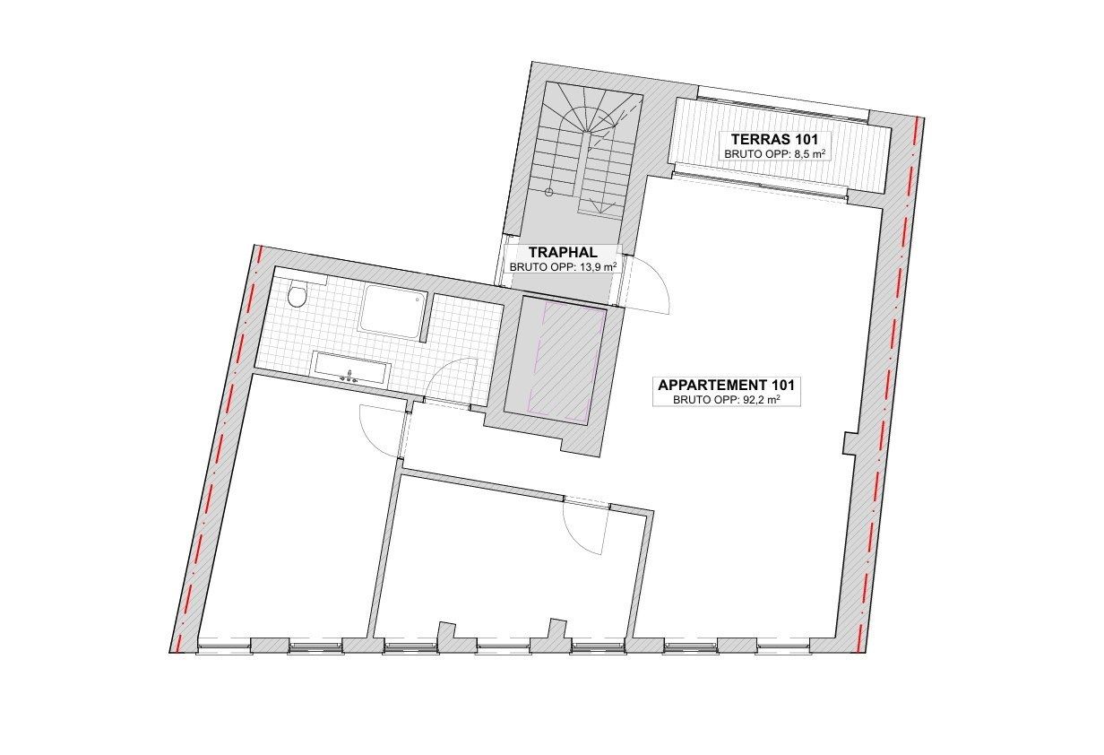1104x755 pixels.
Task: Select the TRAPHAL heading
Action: click(x=562, y=253)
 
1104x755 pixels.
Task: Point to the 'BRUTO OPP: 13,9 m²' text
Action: click(x=563, y=267)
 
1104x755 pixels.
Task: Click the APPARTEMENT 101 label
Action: click(x=727, y=385)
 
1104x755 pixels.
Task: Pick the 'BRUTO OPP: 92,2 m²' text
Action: click(x=727, y=400)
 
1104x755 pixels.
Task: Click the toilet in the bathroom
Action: click(x=298, y=294)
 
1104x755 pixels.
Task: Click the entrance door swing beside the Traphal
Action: click(x=647, y=285)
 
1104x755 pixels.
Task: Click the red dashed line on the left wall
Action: click(x=218, y=448)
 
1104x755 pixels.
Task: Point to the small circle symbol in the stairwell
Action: click(x=549, y=191)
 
